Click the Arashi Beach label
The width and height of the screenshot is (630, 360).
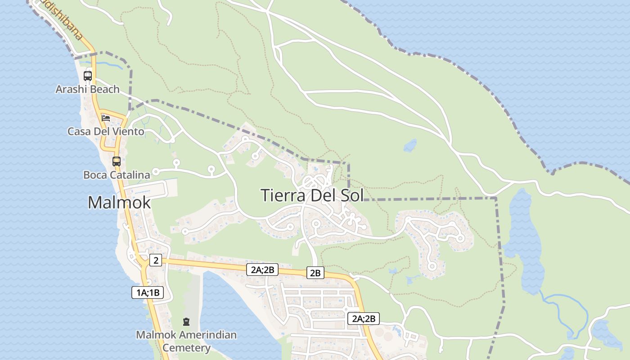[x=87, y=89]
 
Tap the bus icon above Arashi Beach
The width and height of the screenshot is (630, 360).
[x=88, y=76]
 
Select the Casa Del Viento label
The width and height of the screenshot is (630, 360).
[x=106, y=131]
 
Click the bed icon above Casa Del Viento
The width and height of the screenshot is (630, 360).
[x=106, y=118]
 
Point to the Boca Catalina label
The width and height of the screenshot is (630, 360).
[x=117, y=175]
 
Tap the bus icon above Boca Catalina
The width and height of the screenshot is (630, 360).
[x=117, y=161]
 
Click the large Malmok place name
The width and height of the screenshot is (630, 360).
[x=119, y=202]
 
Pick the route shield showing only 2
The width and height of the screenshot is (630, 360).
[x=156, y=260]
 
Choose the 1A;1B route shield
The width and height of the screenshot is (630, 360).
[x=148, y=292]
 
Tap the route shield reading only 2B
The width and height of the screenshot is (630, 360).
[x=315, y=273]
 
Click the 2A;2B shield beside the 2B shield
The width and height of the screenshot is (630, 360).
[x=262, y=270]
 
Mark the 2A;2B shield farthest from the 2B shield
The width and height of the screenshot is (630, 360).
[x=364, y=319]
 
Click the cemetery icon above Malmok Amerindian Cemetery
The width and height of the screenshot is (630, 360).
[x=186, y=322]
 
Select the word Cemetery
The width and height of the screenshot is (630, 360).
[x=186, y=348]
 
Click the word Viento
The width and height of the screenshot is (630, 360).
[x=129, y=131]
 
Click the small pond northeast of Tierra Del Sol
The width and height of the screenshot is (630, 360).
[x=410, y=145]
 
